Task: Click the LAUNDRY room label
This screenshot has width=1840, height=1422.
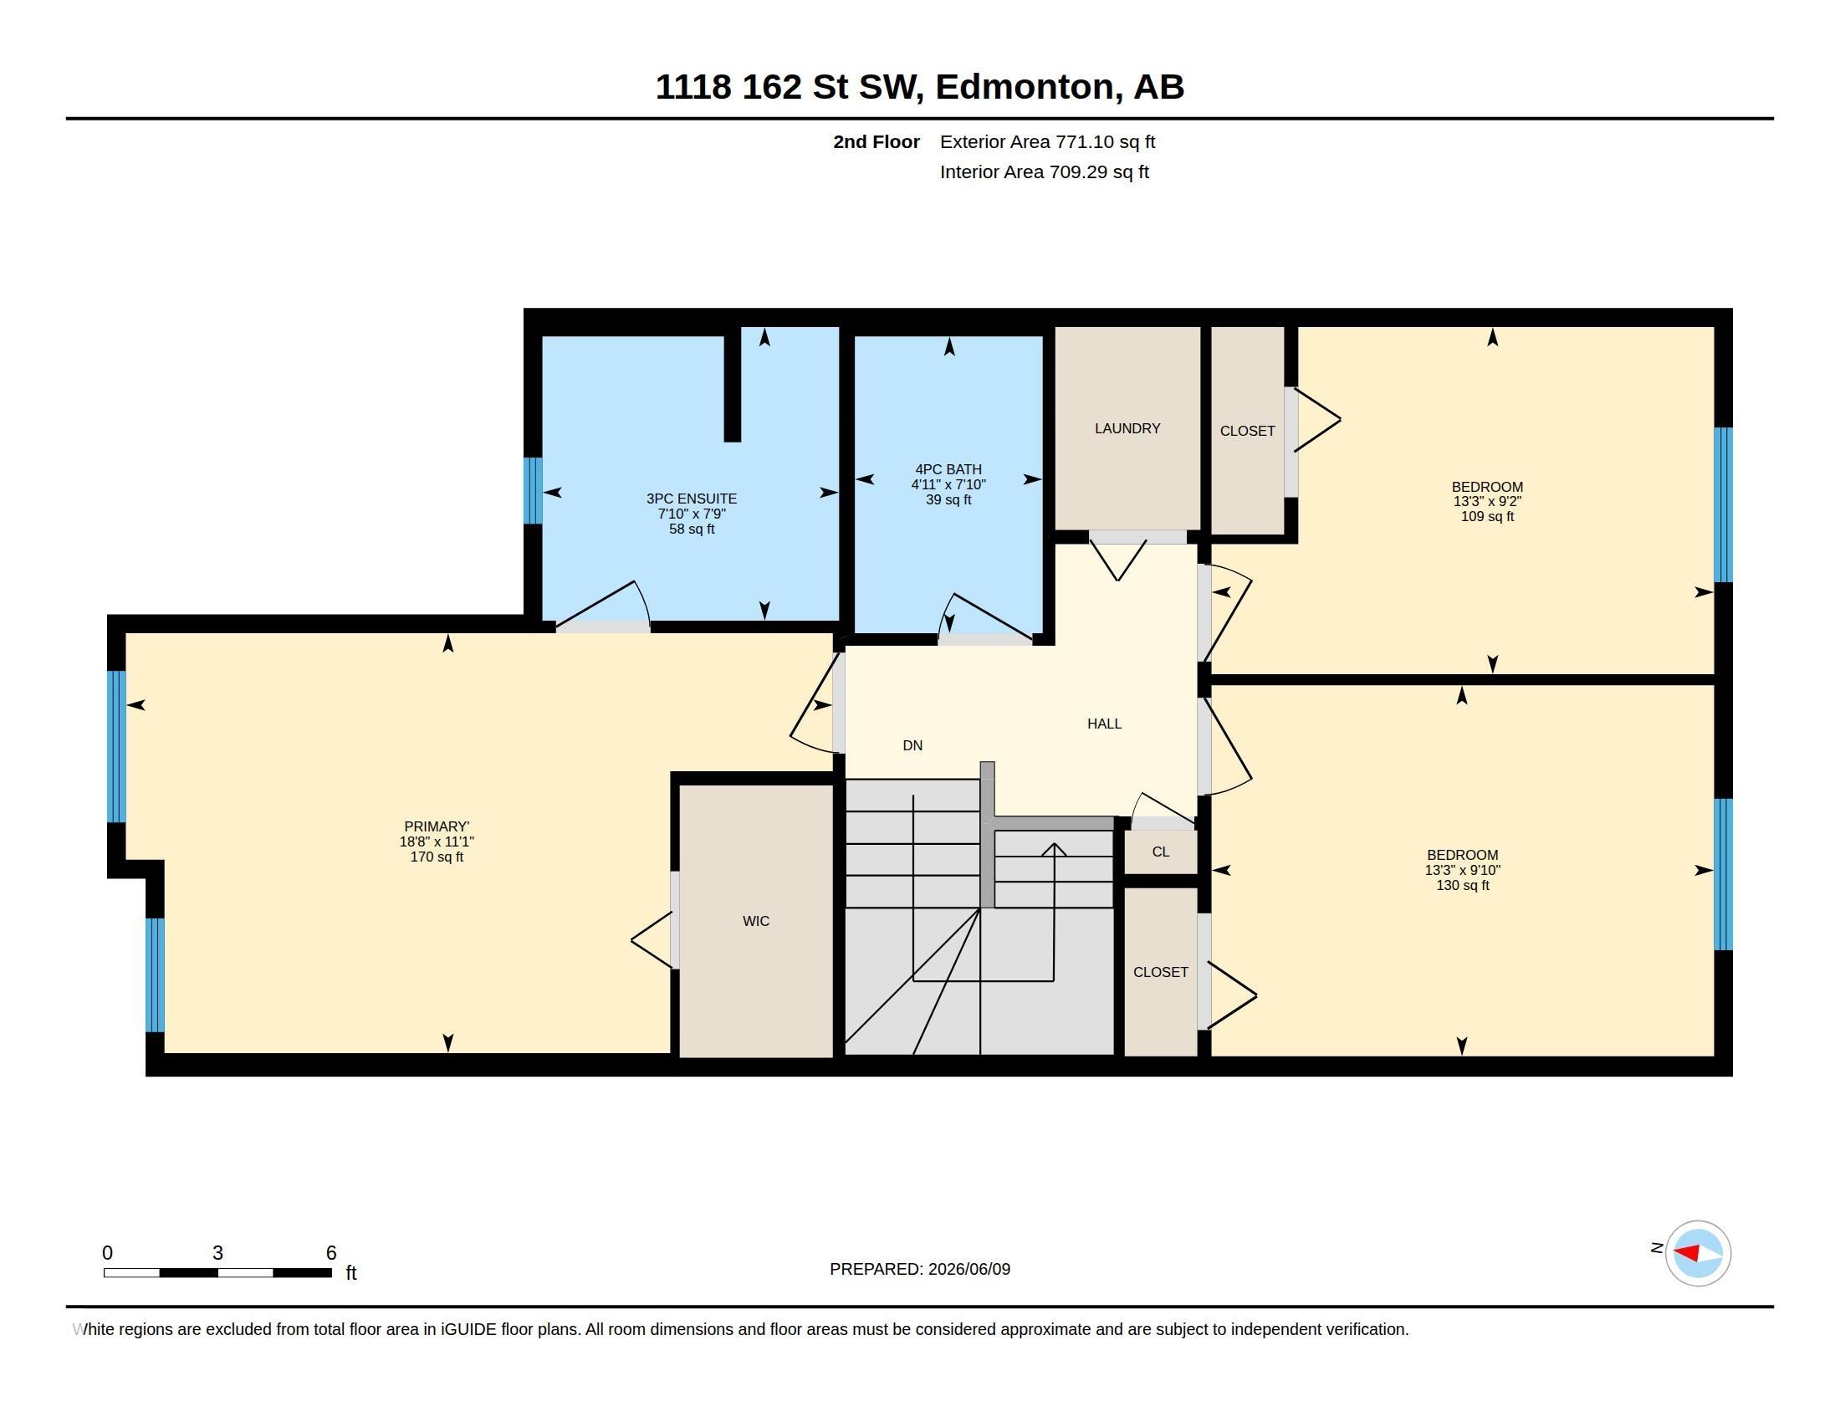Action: [1127, 429]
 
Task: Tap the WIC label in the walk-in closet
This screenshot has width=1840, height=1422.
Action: [756, 921]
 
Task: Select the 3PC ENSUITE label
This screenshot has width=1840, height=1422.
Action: [691, 499]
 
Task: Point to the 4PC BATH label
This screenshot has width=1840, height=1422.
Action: [948, 469]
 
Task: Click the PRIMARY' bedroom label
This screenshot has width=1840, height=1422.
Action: [437, 826]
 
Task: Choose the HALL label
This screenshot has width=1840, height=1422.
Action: [1104, 724]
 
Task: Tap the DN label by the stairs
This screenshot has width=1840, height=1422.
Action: [912, 745]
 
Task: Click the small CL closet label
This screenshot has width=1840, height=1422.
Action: [1160, 852]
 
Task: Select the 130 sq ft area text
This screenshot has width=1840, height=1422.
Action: [1463, 885]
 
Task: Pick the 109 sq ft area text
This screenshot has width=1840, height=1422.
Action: [1487, 516]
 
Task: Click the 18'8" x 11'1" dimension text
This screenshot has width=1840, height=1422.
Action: [437, 841]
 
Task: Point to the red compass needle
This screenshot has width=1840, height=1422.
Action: [1686, 1252]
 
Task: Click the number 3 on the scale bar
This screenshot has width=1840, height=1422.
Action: [217, 1253]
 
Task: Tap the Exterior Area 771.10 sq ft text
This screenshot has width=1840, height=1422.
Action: [1047, 141]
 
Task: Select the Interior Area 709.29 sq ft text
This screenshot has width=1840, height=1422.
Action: [1044, 171]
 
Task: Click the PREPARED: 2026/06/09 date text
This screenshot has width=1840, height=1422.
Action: [920, 1269]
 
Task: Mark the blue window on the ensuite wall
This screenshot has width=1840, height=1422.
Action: [533, 490]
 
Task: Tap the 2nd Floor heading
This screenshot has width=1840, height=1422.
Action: [877, 141]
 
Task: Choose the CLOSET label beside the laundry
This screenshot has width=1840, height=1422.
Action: [1247, 432]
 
